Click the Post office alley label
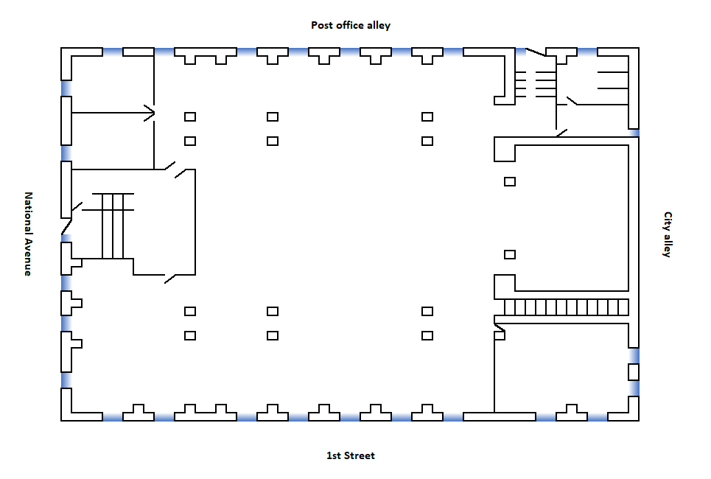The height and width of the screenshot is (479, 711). [351, 25]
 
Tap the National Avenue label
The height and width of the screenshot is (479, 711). [28, 234]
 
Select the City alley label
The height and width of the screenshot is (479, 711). [668, 234]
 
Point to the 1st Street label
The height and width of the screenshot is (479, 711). [351, 455]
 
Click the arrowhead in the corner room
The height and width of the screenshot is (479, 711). [150, 113]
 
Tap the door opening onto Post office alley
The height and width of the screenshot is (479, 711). [536, 52]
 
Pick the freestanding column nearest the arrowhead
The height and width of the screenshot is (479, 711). [190, 116]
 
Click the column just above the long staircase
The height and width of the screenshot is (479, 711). [509, 254]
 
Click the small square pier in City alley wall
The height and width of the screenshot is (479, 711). [633, 371]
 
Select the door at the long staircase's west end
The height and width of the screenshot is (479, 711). [499, 325]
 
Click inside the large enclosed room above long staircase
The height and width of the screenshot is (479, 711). [571, 214]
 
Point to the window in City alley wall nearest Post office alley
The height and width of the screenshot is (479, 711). [634, 133]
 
